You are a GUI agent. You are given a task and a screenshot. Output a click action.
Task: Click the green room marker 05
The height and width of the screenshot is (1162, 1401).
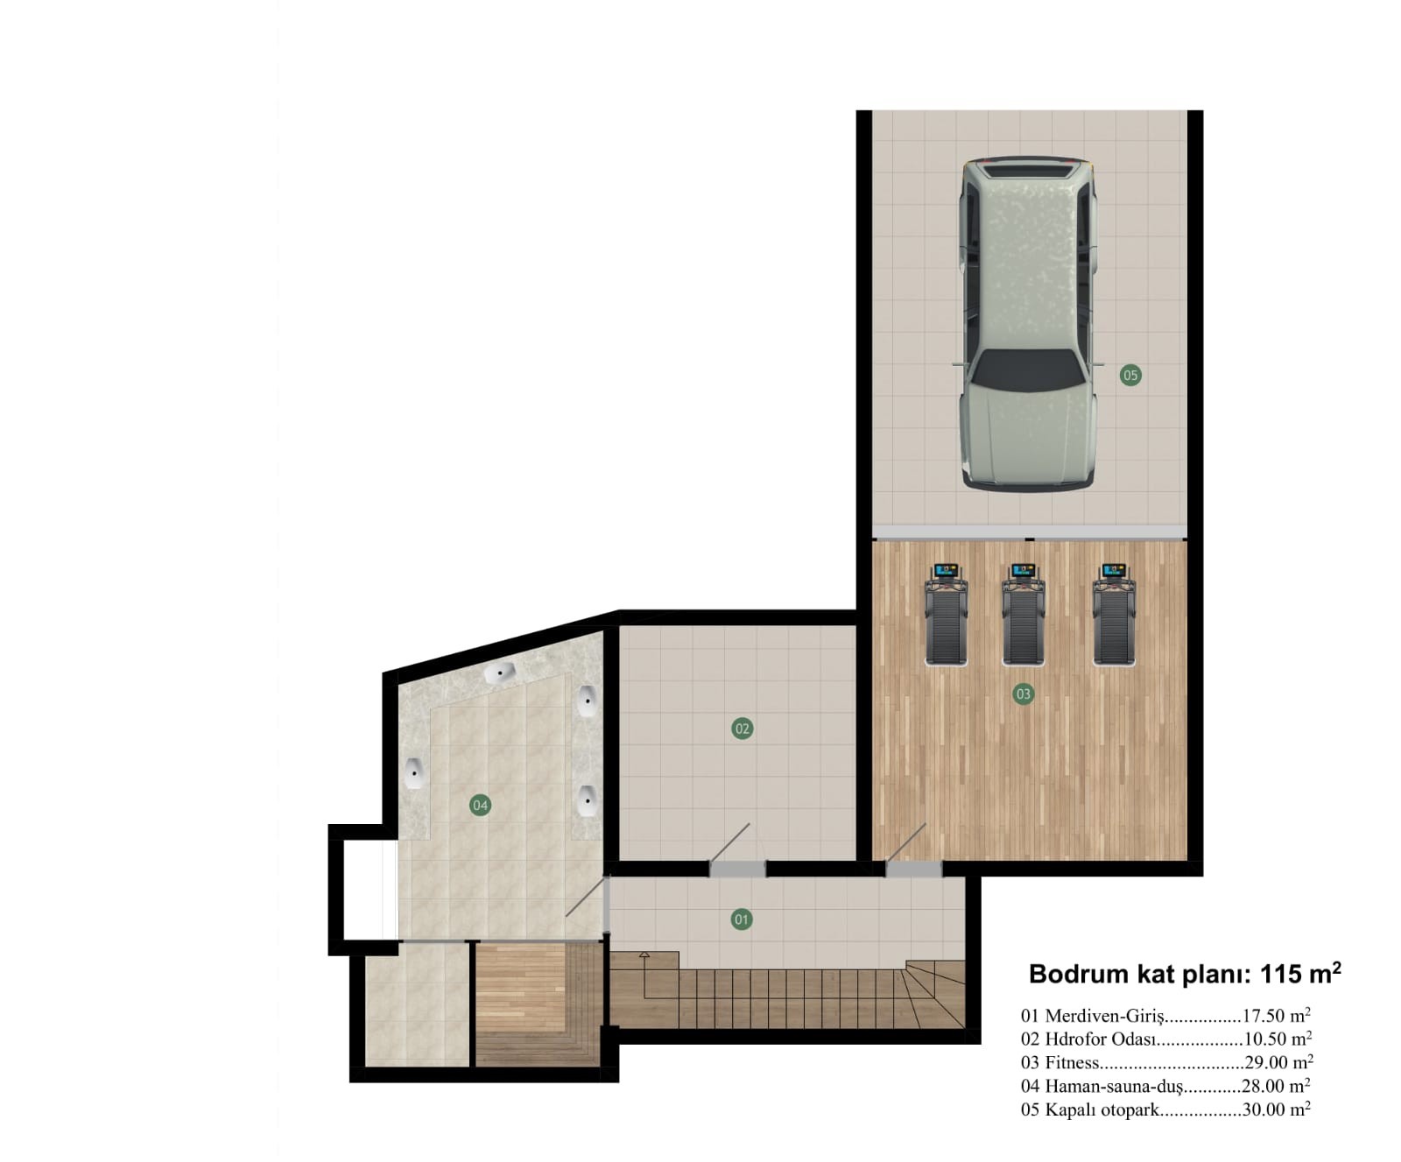[x=1130, y=375]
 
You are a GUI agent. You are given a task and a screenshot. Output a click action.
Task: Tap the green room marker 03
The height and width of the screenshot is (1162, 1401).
[x=1023, y=694]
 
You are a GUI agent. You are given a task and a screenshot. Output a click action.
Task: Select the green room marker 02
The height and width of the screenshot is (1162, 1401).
[x=742, y=729]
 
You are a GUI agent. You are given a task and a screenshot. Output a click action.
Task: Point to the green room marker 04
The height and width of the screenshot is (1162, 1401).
[x=480, y=805]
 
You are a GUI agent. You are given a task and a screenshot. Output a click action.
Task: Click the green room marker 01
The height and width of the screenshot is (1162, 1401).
[x=742, y=919]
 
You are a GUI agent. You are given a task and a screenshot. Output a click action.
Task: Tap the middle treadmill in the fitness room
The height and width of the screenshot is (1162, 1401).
[x=1023, y=616]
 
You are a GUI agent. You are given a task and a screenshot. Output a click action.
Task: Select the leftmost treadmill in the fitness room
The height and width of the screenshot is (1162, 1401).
[x=947, y=616]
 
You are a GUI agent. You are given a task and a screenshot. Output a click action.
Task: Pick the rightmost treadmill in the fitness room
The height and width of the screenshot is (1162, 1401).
[x=1114, y=616]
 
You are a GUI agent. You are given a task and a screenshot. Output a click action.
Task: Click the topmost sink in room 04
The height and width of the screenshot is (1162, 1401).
[x=500, y=674]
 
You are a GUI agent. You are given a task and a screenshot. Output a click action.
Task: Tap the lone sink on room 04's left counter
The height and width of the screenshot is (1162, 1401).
[x=414, y=773]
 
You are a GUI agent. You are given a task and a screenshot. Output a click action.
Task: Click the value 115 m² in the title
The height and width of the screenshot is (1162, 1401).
[x=1299, y=974]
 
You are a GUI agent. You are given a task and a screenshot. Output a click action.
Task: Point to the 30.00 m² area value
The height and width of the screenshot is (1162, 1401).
[x=1276, y=1109]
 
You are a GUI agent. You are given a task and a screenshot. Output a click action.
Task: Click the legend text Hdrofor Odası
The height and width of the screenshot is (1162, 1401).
[x=1100, y=1039]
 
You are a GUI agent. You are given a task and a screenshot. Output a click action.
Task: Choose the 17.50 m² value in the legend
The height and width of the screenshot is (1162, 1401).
[x=1276, y=1016]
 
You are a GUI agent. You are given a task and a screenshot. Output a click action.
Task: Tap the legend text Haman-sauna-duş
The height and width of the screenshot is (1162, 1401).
[x=1113, y=1087]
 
